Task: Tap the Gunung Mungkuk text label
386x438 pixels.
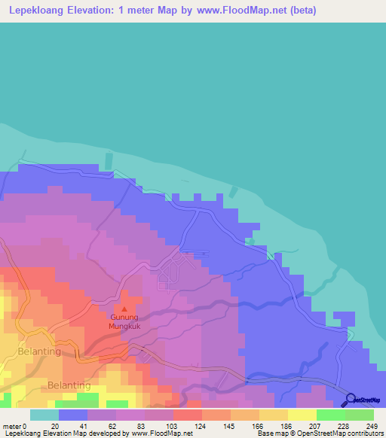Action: pos(124,322)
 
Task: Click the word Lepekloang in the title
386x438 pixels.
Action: pos(36,11)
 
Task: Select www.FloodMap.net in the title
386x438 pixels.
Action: pos(237,11)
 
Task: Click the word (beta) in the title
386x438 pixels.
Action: pos(300,11)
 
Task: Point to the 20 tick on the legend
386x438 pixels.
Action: pos(55,425)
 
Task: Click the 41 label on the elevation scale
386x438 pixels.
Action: pos(84,425)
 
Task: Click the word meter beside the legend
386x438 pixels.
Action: pos(12,425)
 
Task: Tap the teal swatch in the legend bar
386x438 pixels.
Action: pos(44,415)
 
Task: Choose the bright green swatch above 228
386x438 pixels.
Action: pos(330,415)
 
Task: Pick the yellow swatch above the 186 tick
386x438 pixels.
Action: pos(273,415)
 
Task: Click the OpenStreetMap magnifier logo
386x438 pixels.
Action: pos(351,400)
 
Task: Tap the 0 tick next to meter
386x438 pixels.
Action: pos(26,425)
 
